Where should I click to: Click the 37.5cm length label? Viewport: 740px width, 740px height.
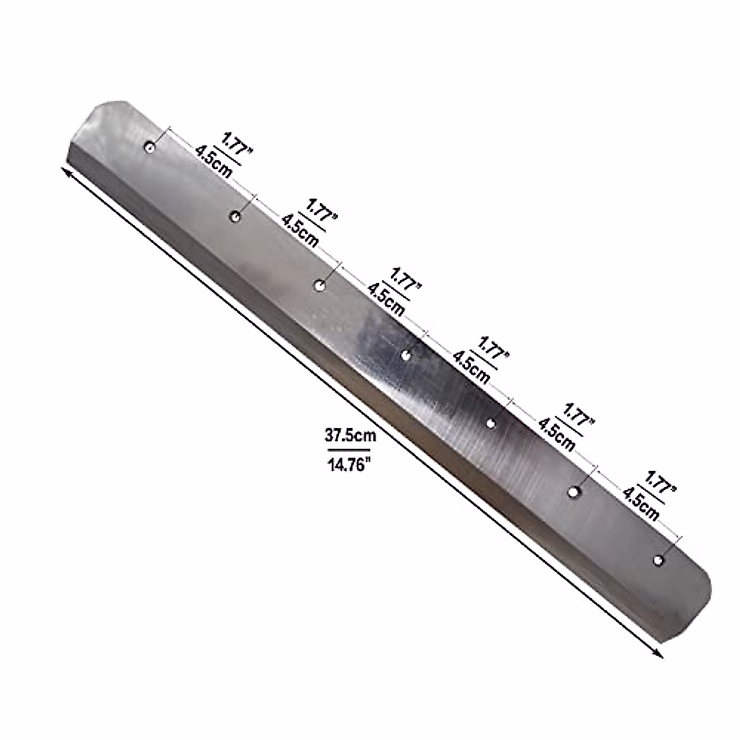[350, 436]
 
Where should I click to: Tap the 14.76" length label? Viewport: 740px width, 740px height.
[350, 463]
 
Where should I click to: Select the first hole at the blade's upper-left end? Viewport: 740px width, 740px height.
[149, 147]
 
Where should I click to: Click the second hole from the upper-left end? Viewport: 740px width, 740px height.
[236, 215]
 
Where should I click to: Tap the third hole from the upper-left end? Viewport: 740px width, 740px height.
[319, 285]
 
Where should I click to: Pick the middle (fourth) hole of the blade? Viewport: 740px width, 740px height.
[406, 354]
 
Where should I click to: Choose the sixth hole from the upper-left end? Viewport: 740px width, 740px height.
[573, 492]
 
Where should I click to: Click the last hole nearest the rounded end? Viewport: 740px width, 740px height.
[659, 560]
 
